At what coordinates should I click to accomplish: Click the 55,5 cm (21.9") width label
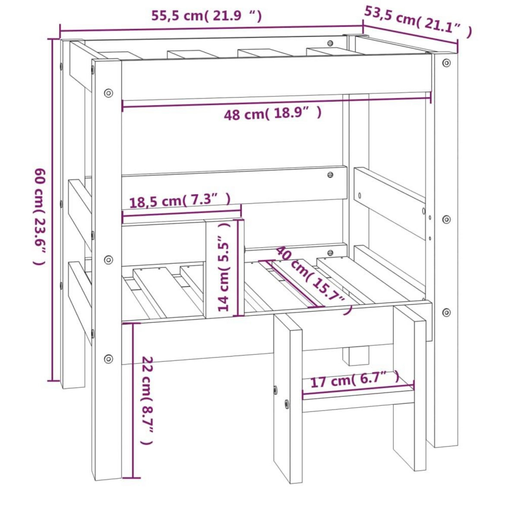coord(206,16)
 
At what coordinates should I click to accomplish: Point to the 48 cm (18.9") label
coord(273,114)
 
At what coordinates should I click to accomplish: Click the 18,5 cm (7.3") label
coord(180,201)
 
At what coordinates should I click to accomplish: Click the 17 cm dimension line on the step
coord(358,388)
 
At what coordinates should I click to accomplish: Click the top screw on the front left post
coord(108,92)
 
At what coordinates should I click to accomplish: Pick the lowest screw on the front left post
coord(108,358)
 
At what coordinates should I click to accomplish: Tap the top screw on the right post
coord(446,63)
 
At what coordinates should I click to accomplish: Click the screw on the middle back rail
coord(330,175)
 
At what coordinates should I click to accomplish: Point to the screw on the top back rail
coord(330,43)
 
